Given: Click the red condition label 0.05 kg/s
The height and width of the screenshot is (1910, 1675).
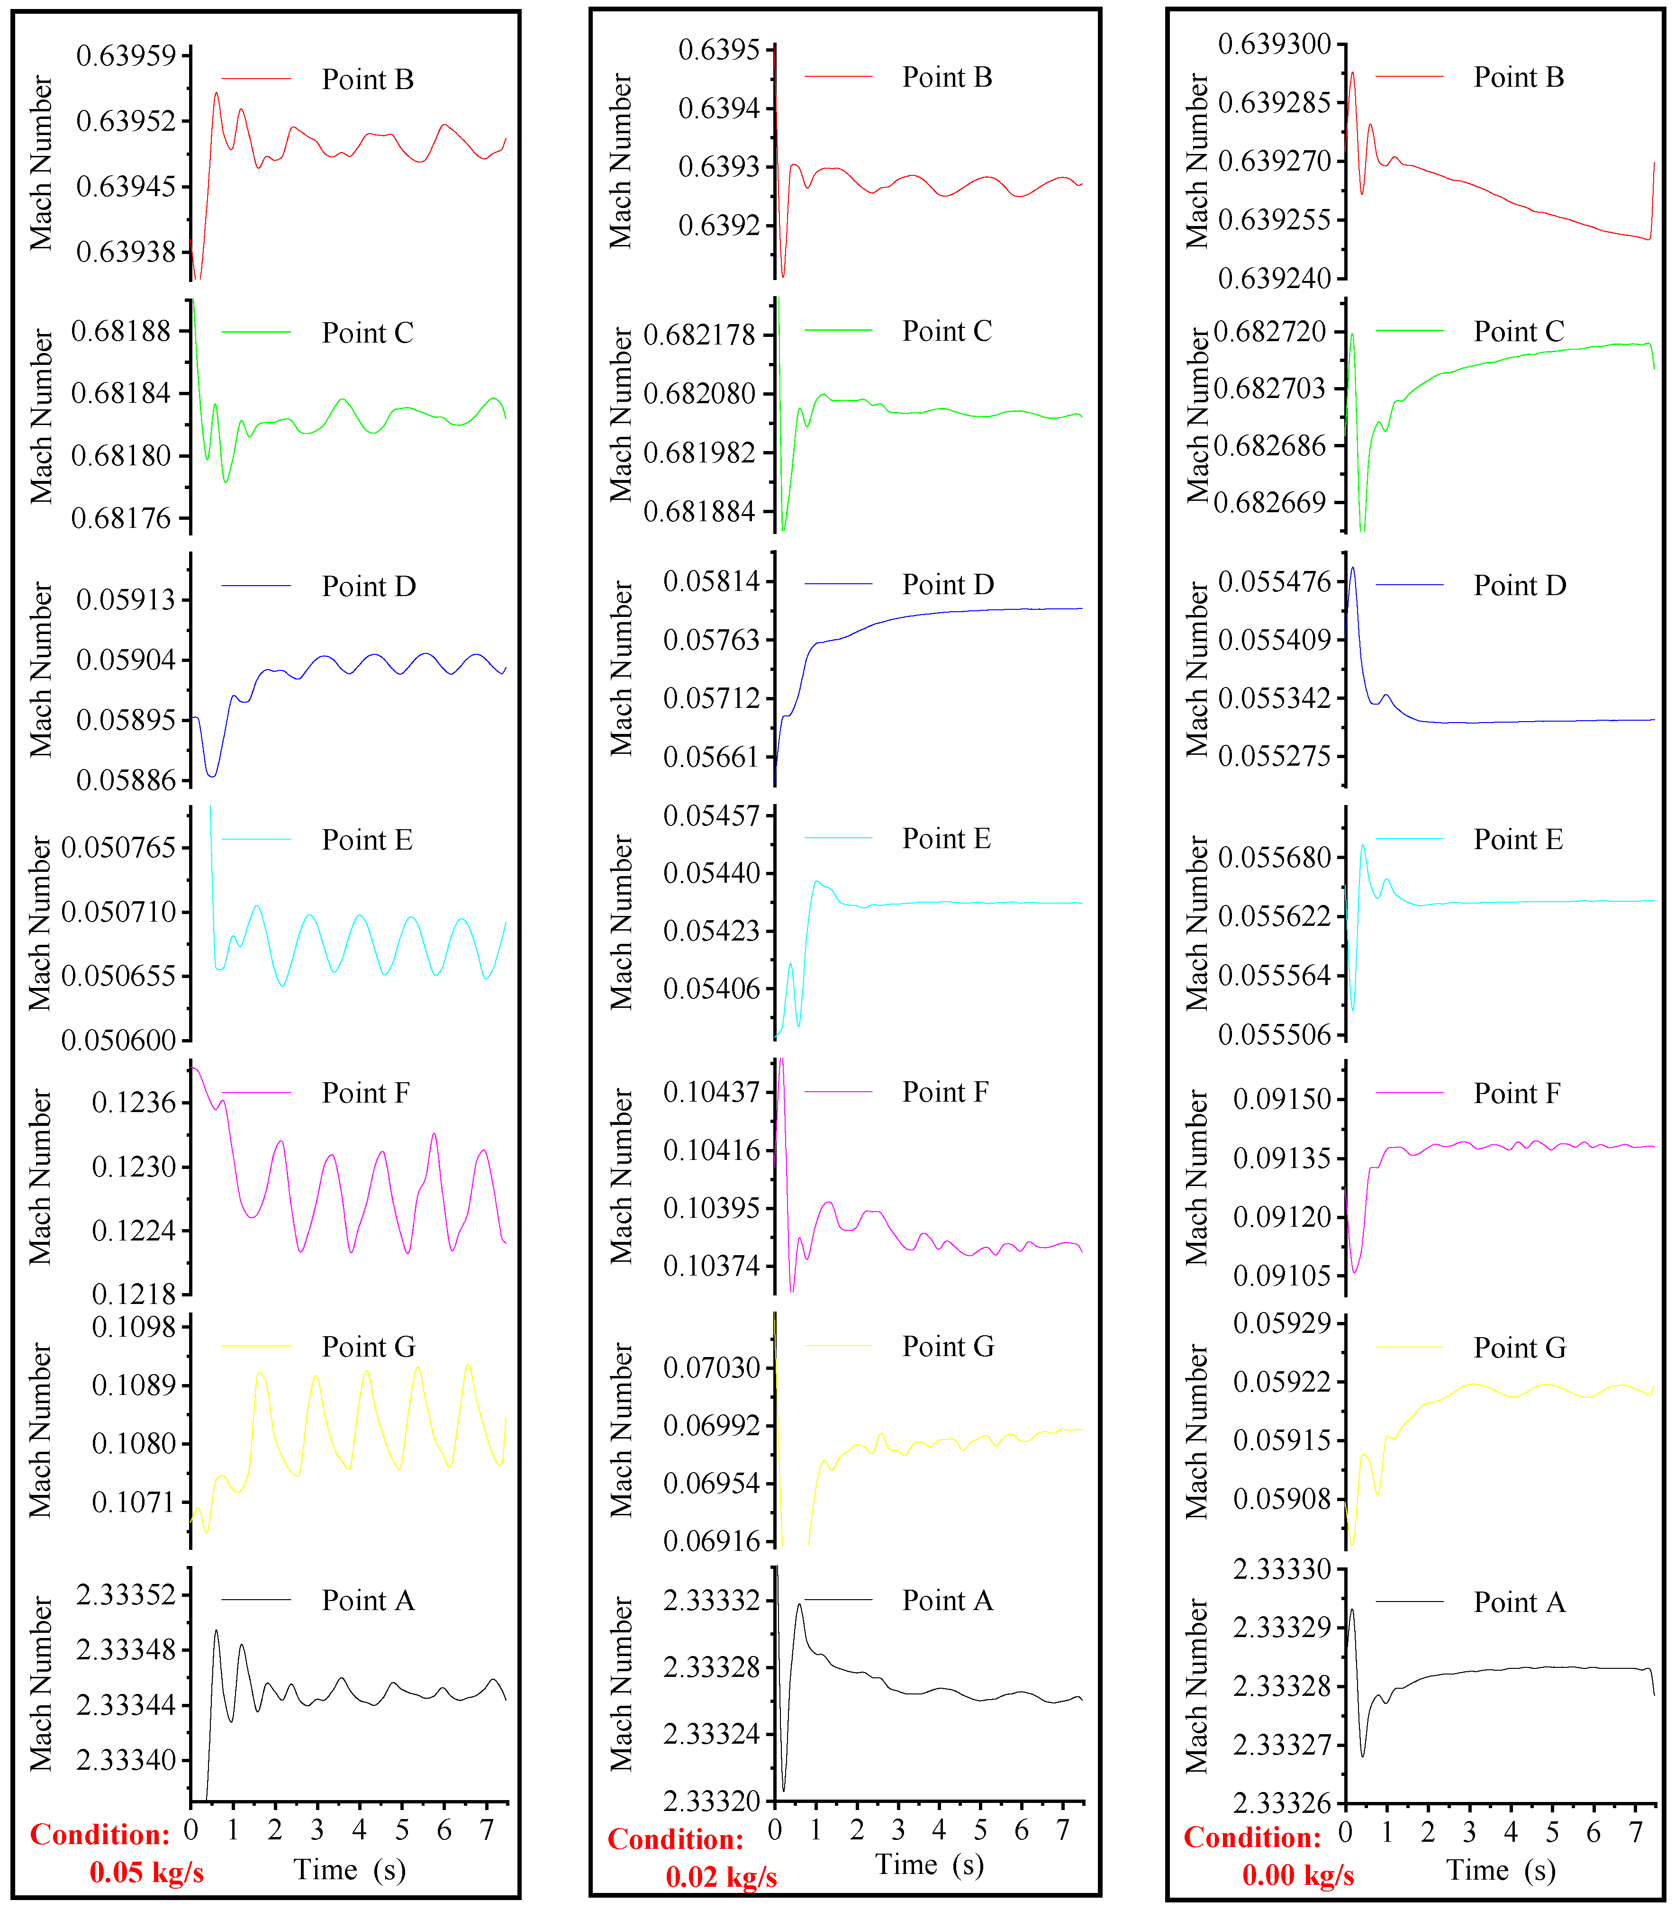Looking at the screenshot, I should tap(147, 1873).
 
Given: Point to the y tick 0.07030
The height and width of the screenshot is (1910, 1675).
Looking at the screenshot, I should tap(711, 1368).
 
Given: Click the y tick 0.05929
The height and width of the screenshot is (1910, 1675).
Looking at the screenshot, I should tap(1282, 1323).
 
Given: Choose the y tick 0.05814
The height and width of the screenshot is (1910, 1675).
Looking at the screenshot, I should tap(711, 582).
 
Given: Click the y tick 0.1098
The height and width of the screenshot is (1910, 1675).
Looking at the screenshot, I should tap(134, 1327).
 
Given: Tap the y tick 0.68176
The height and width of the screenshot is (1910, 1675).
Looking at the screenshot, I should tap(121, 519).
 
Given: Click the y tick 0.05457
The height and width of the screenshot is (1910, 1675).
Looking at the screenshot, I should tap(711, 816).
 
